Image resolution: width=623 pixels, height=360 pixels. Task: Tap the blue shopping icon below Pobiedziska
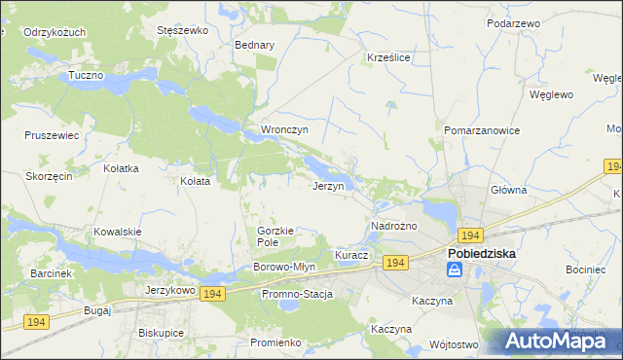(x=454, y=271)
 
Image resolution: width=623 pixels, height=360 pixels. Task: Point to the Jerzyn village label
(x=327, y=186)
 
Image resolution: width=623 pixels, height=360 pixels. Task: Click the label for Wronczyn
(x=284, y=129)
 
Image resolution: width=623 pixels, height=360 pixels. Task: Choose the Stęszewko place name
(x=183, y=30)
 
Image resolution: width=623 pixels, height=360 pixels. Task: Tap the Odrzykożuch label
(x=55, y=32)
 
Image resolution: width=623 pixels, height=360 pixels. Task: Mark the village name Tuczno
(x=86, y=75)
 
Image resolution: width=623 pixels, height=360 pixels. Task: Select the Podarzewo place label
(x=515, y=21)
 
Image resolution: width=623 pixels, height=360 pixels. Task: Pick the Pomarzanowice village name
(x=482, y=129)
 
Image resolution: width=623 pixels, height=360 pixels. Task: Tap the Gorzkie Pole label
(x=275, y=235)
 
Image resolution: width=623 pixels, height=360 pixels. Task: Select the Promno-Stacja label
(x=297, y=294)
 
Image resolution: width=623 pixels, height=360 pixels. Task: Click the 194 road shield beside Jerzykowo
(x=213, y=293)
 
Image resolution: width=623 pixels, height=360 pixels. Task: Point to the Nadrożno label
(x=394, y=226)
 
